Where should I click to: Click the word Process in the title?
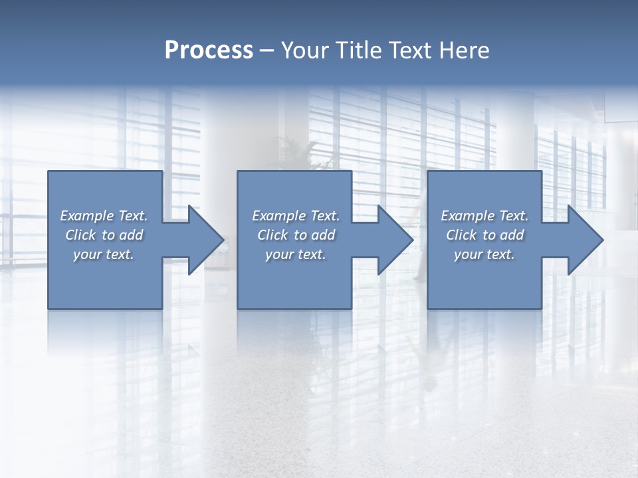click(209, 50)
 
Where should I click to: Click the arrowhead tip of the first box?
click(223, 240)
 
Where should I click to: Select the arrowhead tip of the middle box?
click(412, 240)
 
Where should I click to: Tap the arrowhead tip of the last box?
click(602, 240)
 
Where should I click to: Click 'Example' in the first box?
click(87, 216)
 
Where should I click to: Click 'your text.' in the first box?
click(104, 254)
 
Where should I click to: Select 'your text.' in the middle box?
click(296, 254)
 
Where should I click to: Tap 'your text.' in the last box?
click(484, 254)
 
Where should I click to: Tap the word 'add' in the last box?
click(512, 235)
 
